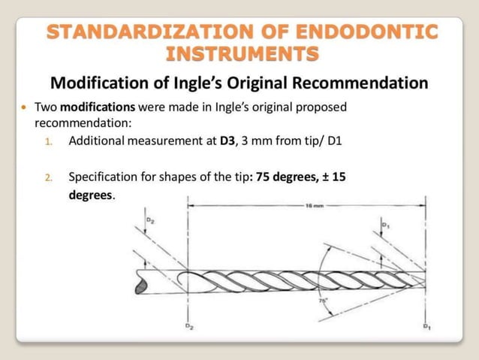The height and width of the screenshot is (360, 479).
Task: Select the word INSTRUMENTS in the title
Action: (240, 55)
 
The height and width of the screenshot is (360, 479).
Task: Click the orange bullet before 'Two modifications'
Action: (24, 107)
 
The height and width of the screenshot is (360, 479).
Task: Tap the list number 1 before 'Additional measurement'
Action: (49, 141)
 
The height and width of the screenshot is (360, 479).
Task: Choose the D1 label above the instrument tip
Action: (385, 224)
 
